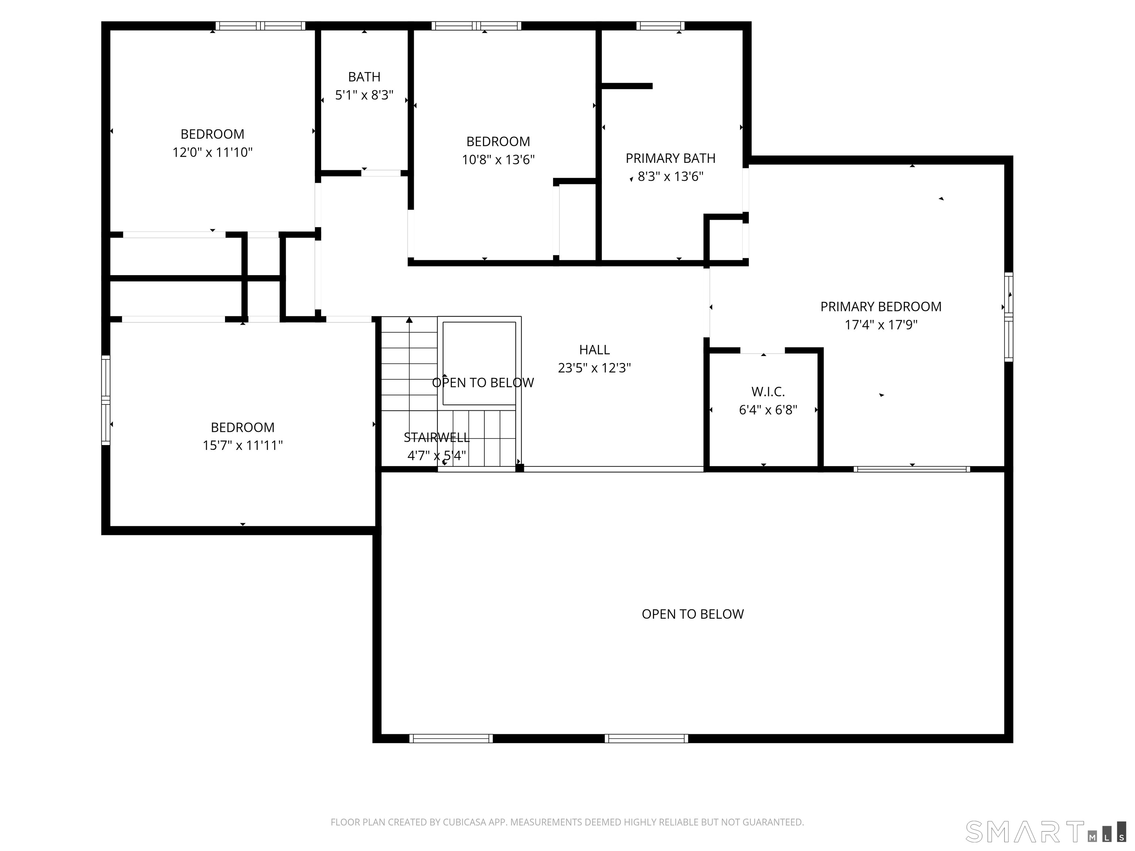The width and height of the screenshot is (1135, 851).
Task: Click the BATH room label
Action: pos(364,77)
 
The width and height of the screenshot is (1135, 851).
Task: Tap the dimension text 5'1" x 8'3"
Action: pos(364,95)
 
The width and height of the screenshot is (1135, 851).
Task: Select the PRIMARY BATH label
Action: pos(670,158)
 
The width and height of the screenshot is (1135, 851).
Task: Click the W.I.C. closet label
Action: pos(768,392)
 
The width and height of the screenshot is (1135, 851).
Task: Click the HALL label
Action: pos(594,350)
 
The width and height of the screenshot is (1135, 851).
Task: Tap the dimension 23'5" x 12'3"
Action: pos(594,368)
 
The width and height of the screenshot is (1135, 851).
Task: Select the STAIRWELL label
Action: pos(436,438)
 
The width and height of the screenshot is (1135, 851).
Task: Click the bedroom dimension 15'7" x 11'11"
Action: pos(242,445)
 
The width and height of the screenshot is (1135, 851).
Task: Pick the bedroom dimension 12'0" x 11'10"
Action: pos(212,152)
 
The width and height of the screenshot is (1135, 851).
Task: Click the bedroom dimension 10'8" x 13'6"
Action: pos(498,160)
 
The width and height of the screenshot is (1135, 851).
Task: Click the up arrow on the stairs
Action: pos(409,321)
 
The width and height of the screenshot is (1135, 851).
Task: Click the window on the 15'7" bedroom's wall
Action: pos(106,400)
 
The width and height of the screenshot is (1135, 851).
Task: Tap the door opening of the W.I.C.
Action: pos(763,351)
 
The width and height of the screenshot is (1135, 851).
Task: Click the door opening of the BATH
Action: pos(381,173)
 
